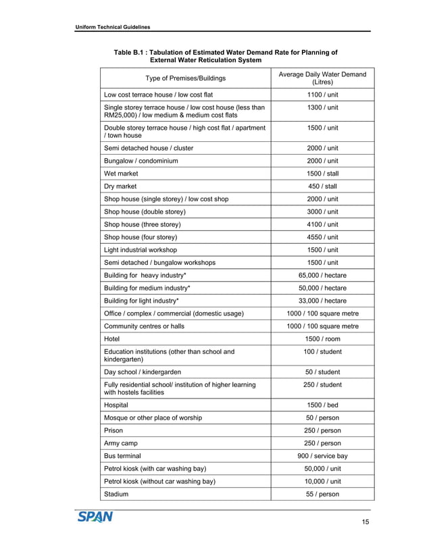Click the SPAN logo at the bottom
(95, 517)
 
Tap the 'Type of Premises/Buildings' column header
(184, 78)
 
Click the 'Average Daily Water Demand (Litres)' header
(322, 78)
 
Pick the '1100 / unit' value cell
(322, 95)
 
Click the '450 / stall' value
(322, 186)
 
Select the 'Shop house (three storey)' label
(142, 224)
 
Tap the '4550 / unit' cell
(322, 237)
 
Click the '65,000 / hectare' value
(322, 276)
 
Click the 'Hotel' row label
(112, 339)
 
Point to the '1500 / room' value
(322, 339)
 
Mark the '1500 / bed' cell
(322, 405)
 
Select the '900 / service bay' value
(322, 456)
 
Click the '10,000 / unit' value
(322, 482)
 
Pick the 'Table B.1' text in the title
(132, 52)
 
